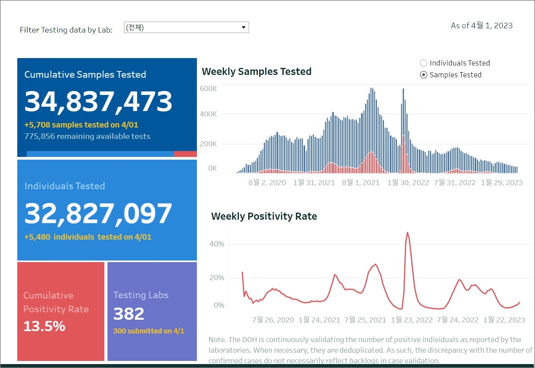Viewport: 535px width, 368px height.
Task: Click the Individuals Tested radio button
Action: point(424,63)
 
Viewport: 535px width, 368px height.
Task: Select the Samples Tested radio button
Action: point(424,75)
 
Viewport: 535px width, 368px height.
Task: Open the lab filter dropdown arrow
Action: point(244,27)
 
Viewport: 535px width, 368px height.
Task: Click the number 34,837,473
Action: point(98,101)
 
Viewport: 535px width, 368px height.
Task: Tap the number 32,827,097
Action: point(98,213)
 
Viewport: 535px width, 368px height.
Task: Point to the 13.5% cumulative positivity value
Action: point(44,326)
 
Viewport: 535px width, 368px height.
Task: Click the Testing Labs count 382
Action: point(129,313)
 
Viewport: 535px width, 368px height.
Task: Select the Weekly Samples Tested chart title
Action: point(257,71)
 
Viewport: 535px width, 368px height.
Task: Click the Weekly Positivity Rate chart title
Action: point(264,216)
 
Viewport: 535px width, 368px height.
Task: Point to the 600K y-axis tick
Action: point(208,89)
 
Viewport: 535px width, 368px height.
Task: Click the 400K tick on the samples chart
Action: point(208,114)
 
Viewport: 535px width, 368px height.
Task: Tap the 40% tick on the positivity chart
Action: point(217,244)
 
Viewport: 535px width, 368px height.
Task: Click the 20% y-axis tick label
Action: point(217,278)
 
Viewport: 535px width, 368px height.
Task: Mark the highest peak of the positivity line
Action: point(408,233)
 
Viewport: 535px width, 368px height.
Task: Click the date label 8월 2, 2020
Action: point(267,182)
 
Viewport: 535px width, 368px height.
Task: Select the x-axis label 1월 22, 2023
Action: point(504,320)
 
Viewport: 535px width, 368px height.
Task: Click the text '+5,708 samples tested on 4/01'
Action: point(81,125)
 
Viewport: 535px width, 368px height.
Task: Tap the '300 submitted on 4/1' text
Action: point(149,331)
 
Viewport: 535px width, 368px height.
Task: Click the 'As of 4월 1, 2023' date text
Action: point(482,26)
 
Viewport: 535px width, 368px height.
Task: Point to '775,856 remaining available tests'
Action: point(87,136)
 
